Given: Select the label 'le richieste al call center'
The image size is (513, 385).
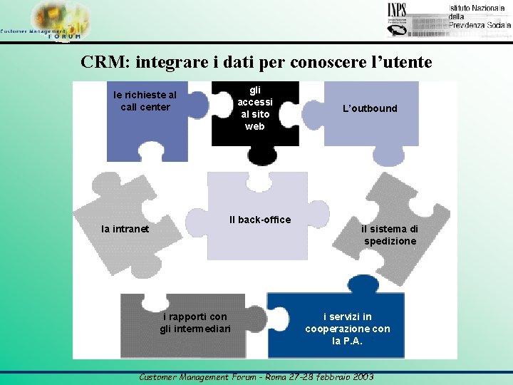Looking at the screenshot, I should click(x=145, y=101).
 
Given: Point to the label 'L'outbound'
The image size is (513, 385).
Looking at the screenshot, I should click(x=370, y=108).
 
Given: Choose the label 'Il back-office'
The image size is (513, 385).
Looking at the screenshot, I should click(x=260, y=220).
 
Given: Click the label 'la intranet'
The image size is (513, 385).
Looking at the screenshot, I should click(x=125, y=229).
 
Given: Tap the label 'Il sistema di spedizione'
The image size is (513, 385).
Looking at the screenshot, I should click(x=390, y=235).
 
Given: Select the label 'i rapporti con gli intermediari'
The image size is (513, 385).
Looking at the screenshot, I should click(x=195, y=322).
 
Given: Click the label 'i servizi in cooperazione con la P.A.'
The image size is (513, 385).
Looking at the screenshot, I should click(x=348, y=329).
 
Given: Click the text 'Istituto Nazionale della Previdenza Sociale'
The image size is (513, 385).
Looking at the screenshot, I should click(x=479, y=16).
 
